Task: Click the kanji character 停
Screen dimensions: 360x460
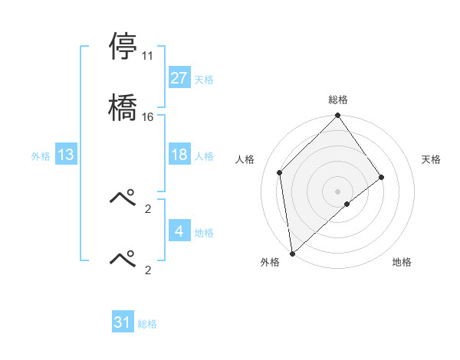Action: (x=123, y=47)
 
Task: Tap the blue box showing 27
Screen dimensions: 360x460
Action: (x=179, y=78)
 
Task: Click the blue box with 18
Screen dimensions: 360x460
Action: (x=179, y=155)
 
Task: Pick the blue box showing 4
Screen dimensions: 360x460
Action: (x=179, y=231)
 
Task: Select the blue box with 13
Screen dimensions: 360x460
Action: (x=65, y=155)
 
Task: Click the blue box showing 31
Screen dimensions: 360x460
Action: (x=123, y=322)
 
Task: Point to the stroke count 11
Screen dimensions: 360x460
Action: (x=148, y=56)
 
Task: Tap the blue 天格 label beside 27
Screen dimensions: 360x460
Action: (x=203, y=80)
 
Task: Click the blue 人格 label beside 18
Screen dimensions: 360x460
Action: (x=203, y=156)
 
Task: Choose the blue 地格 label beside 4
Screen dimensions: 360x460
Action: (x=203, y=233)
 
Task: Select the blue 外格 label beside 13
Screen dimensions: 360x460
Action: (x=41, y=156)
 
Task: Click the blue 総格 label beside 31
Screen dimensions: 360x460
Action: (x=147, y=324)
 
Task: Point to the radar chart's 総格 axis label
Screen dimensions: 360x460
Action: (x=337, y=100)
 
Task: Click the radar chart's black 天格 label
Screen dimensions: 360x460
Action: (x=431, y=159)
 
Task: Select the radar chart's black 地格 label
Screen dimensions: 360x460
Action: (x=402, y=263)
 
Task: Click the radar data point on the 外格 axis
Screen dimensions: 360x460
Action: (x=292, y=253)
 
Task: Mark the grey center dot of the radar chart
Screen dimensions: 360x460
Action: (x=337, y=191)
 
